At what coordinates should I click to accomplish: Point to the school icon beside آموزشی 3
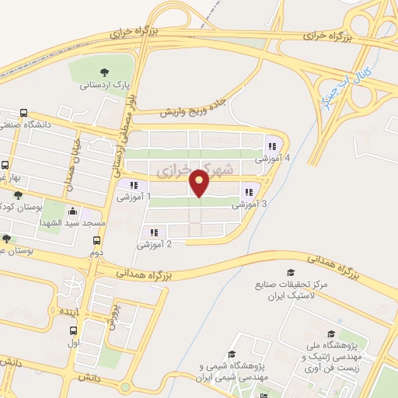[x=249, y=192]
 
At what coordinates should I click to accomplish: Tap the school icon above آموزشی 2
[x=154, y=232]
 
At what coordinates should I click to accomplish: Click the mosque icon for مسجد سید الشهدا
[x=73, y=210]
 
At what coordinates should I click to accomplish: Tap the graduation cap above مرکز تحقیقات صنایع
[x=291, y=273]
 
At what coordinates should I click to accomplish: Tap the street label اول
[x=73, y=342]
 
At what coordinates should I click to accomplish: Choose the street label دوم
[x=96, y=253]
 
